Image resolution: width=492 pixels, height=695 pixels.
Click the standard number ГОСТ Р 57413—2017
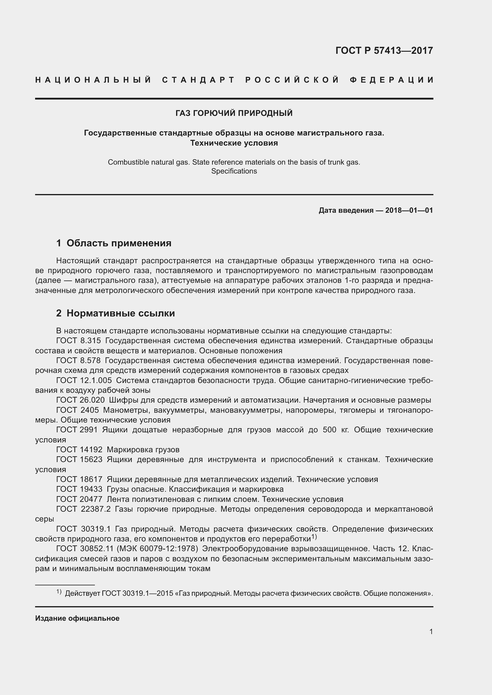(384, 51)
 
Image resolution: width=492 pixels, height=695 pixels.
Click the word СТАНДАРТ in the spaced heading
(198, 80)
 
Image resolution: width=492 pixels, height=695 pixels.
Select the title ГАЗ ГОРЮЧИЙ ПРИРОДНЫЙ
(234, 113)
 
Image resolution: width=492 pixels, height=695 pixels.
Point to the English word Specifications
(234, 171)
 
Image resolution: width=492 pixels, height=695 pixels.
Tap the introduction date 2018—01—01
(409, 210)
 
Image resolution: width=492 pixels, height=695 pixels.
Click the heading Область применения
(119, 243)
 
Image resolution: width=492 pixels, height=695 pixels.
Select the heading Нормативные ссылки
(120, 313)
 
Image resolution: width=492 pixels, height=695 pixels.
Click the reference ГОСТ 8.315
(79, 341)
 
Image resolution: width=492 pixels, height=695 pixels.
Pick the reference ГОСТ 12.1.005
(84, 381)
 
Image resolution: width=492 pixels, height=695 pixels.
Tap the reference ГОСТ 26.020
(80, 400)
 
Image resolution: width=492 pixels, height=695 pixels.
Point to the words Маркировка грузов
(143, 450)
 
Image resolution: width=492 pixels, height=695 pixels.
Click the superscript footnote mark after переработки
(314, 537)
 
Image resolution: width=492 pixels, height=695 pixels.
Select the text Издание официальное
(77, 618)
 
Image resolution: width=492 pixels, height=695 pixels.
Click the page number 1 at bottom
(431, 631)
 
